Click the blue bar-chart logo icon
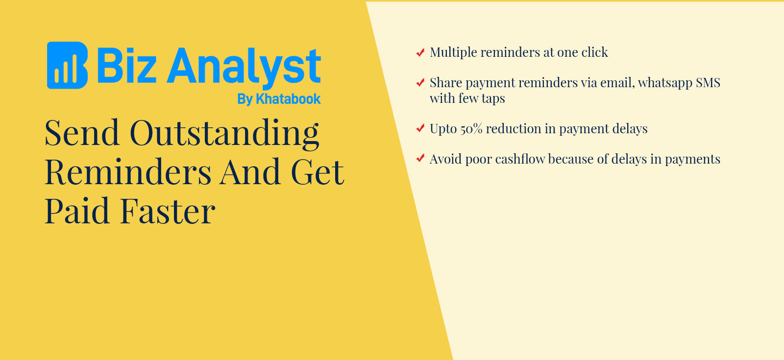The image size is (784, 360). pos(67,66)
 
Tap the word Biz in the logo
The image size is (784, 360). pos(127,66)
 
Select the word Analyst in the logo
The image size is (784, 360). pos(244,68)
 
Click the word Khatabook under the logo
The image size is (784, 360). pos(288,99)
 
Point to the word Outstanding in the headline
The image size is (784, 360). pos(224,134)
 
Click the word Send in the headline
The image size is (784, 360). pos(82,133)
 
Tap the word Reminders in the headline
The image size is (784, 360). pos(128,172)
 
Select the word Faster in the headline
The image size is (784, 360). pos(168,211)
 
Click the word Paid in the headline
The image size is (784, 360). pos(77,211)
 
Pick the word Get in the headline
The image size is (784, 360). pos(318,172)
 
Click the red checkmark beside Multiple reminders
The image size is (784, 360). pos(420,52)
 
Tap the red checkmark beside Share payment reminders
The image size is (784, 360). pos(420,83)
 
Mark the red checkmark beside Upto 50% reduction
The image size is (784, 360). pos(420,129)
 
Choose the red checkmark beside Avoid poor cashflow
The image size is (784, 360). pos(420,159)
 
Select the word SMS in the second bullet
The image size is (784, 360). pos(708,83)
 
